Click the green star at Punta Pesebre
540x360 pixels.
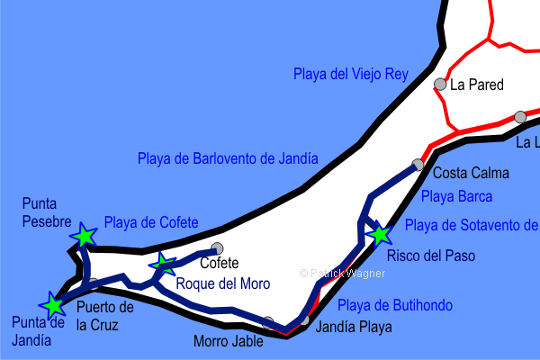(84, 236)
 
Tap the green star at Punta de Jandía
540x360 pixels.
(53, 304)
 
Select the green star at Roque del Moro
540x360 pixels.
(164, 264)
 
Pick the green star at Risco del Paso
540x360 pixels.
(380, 235)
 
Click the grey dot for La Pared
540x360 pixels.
(440, 85)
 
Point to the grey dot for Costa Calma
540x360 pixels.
(418, 165)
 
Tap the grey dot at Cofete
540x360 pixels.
(216, 248)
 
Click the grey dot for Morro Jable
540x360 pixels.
(268, 321)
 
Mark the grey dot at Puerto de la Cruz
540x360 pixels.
(94, 283)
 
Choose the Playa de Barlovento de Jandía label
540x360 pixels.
(228, 158)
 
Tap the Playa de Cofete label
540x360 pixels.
(151, 222)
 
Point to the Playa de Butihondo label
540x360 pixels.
(394, 305)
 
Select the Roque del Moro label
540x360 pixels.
(222, 283)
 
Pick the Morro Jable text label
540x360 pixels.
(229, 342)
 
